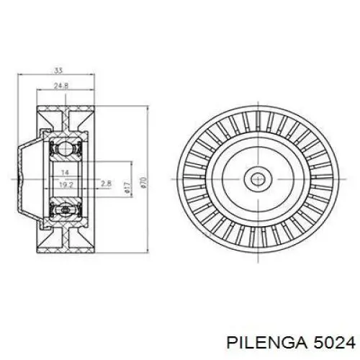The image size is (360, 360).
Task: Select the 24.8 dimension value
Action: [x=63, y=86]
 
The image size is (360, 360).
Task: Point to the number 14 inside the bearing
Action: [x=65, y=174]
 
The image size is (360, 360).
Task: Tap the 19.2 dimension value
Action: [x=65, y=185]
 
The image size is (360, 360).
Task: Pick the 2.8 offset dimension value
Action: [x=106, y=185]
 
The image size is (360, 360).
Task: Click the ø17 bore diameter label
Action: [x=127, y=189]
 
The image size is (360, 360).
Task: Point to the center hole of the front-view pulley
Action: [x=257, y=178]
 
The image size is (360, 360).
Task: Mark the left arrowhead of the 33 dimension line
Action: [x=19, y=76]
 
